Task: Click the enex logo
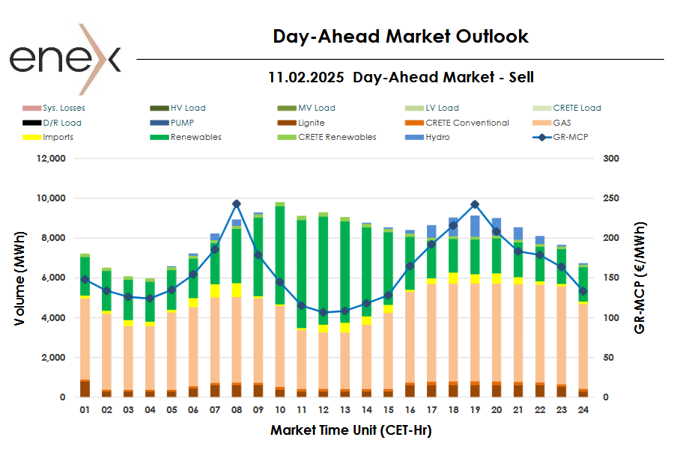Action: coord(64,58)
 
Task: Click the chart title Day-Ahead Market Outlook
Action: coord(400,36)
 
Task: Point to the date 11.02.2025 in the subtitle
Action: coord(306,77)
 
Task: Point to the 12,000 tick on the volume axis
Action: coord(51,159)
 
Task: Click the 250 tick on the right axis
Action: coord(611,198)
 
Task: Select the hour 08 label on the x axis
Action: coord(237,410)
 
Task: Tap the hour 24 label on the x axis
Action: coord(583,410)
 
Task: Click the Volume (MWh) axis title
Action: coord(19,278)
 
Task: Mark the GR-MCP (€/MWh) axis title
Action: coord(640,278)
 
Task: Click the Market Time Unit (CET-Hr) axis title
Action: coord(350,430)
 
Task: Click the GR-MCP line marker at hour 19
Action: coord(475,204)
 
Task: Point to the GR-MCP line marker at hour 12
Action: coord(324,312)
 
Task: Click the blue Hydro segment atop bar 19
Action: coord(475,226)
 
